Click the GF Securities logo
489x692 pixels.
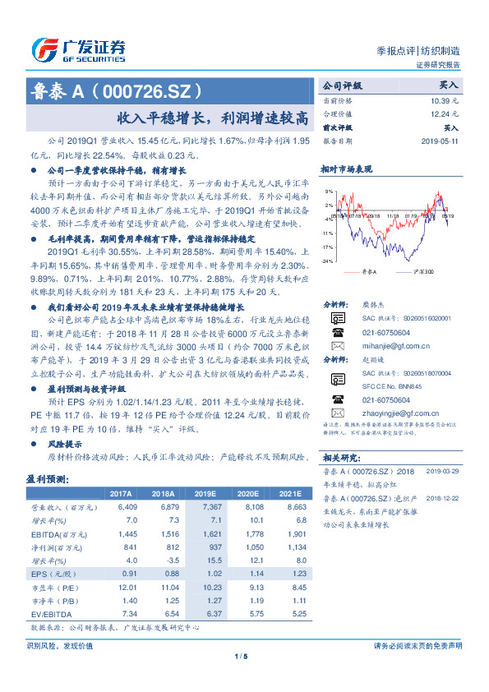pyautogui.click(x=78, y=48)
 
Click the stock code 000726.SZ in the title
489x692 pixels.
pyautogui.click(x=150, y=89)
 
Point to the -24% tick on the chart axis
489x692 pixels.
pyautogui.click(x=329, y=261)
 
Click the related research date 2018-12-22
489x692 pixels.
pyautogui.click(x=445, y=498)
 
